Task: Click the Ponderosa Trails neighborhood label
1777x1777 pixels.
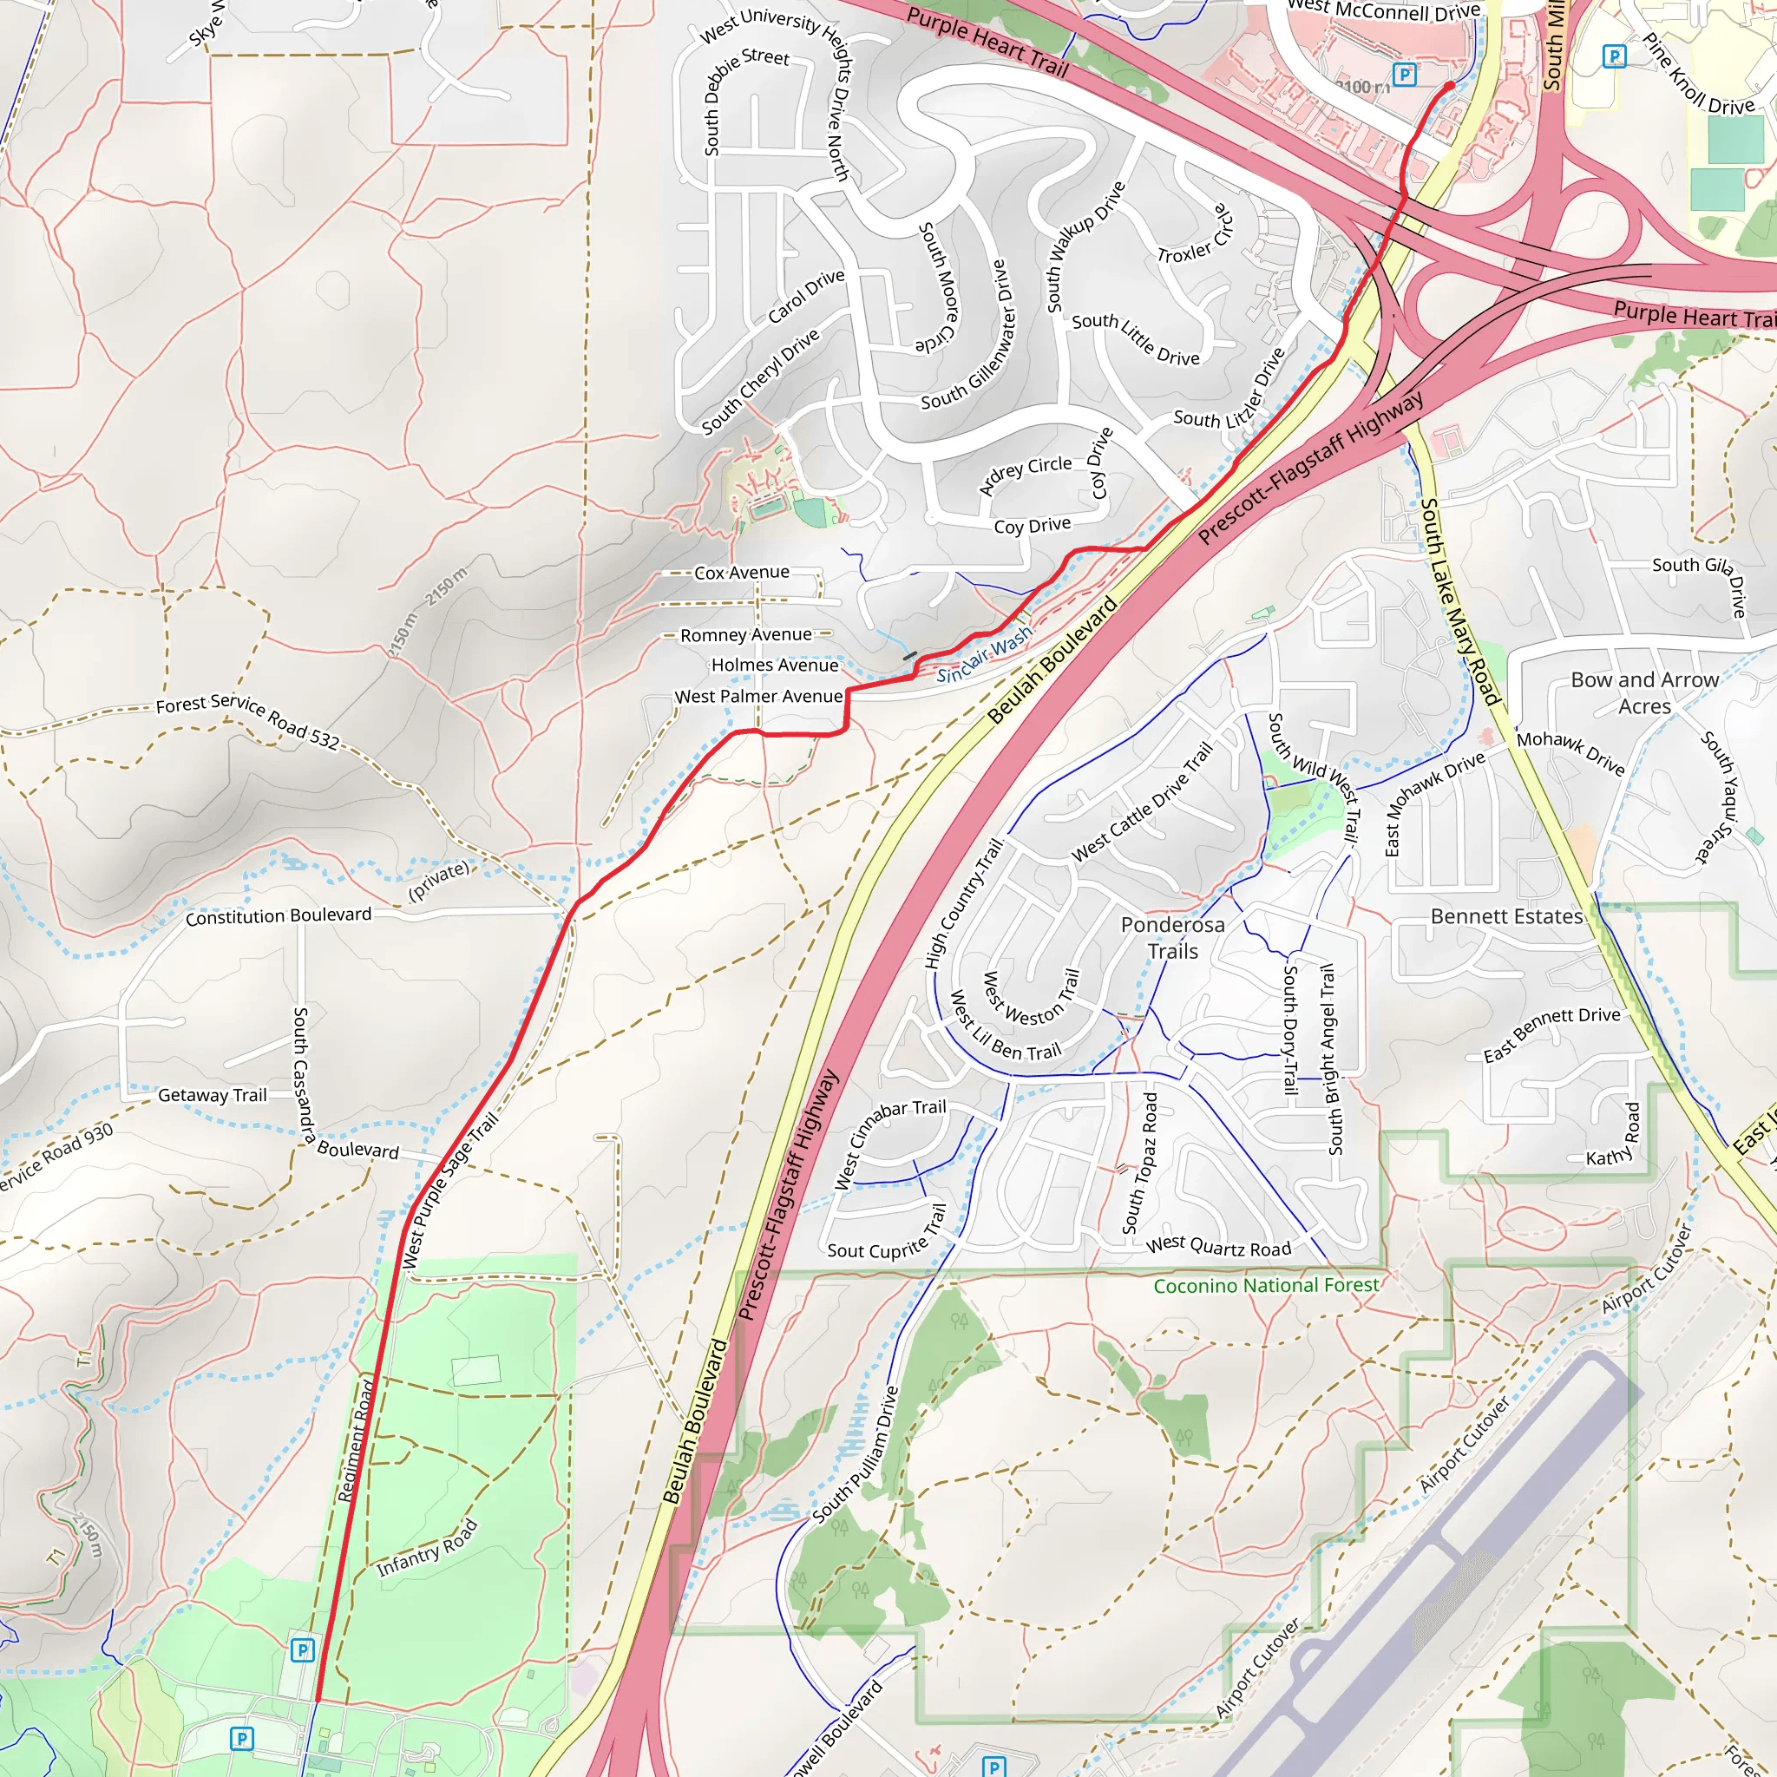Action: (x=1173, y=938)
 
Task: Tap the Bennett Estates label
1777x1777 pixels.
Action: (x=1506, y=917)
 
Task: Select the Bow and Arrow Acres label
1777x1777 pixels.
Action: (x=1644, y=692)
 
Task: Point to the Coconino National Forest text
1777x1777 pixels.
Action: (x=1266, y=1285)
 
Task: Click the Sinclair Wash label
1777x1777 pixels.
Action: (x=984, y=659)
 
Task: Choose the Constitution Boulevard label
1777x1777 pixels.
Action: (x=279, y=916)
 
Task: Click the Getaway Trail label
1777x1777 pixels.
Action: (x=213, y=1094)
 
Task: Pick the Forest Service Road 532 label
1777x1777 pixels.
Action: (x=247, y=721)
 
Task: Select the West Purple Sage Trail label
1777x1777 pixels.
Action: (x=450, y=1190)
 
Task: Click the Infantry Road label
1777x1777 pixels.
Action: (x=428, y=1548)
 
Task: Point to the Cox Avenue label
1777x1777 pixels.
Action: (x=741, y=572)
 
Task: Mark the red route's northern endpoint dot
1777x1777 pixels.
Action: (x=1450, y=86)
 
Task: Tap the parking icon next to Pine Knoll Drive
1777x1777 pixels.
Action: (x=1613, y=56)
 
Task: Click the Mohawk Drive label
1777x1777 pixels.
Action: (x=1570, y=751)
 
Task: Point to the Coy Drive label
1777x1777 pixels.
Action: (x=1032, y=525)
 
